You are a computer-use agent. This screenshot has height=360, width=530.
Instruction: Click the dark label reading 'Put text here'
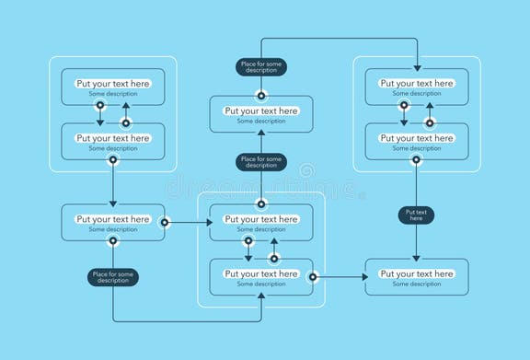coord(416,215)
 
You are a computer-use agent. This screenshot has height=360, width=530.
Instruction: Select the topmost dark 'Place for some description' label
coord(261,66)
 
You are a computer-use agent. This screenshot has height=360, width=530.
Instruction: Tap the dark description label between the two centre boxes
coord(261,163)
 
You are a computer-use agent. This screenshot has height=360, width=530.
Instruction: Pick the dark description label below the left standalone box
coord(113,277)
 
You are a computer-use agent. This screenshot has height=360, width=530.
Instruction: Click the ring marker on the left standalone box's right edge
coord(165,222)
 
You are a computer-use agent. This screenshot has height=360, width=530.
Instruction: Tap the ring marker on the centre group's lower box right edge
coord(313,276)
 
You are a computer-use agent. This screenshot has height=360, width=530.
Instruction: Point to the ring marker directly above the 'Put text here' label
coord(416,159)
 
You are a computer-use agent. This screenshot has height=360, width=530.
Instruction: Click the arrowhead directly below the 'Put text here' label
coord(416,256)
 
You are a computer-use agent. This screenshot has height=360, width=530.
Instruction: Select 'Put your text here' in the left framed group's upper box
coord(113,84)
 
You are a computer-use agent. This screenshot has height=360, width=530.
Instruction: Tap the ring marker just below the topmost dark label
coord(261,94)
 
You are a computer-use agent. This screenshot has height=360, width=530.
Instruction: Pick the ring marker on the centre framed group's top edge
coord(261,203)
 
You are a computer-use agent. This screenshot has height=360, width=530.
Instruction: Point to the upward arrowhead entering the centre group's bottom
coord(261,296)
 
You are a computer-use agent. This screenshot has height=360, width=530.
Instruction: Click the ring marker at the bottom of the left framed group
coord(113,159)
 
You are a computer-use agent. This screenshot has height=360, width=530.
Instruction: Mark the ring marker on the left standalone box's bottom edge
coord(113,241)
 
